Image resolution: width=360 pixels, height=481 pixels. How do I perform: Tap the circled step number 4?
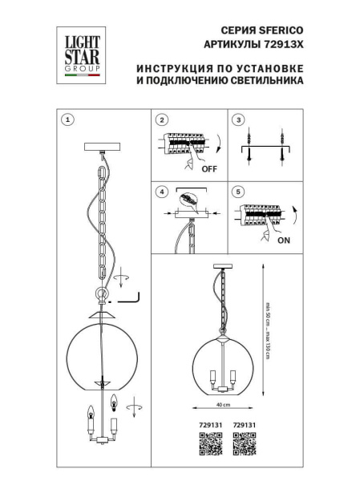(163, 192)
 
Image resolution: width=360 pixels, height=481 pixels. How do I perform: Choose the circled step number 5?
(237, 192)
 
